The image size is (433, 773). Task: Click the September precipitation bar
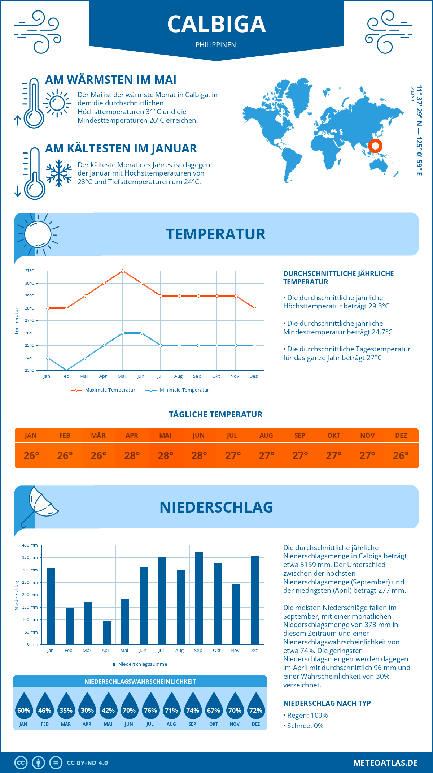coord(199,598)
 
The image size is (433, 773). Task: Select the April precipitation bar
coord(107,632)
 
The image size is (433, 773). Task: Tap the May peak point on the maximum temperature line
coord(123,271)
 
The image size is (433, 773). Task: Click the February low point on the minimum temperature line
coord(66,370)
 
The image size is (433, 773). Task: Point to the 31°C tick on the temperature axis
coord(30,271)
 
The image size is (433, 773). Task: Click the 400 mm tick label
coord(30,545)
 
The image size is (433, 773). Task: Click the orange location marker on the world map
coord(375,146)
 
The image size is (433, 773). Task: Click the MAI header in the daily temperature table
coord(166,435)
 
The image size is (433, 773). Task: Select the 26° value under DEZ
coord(401,455)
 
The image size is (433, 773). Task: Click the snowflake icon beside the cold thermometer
coord(59,173)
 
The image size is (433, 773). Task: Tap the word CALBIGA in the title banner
coord(216,24)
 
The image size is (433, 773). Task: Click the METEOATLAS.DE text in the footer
coord(385,763)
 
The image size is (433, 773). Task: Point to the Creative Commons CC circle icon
coord(21,763)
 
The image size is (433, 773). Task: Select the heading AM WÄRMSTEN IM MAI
coord(111,80)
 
